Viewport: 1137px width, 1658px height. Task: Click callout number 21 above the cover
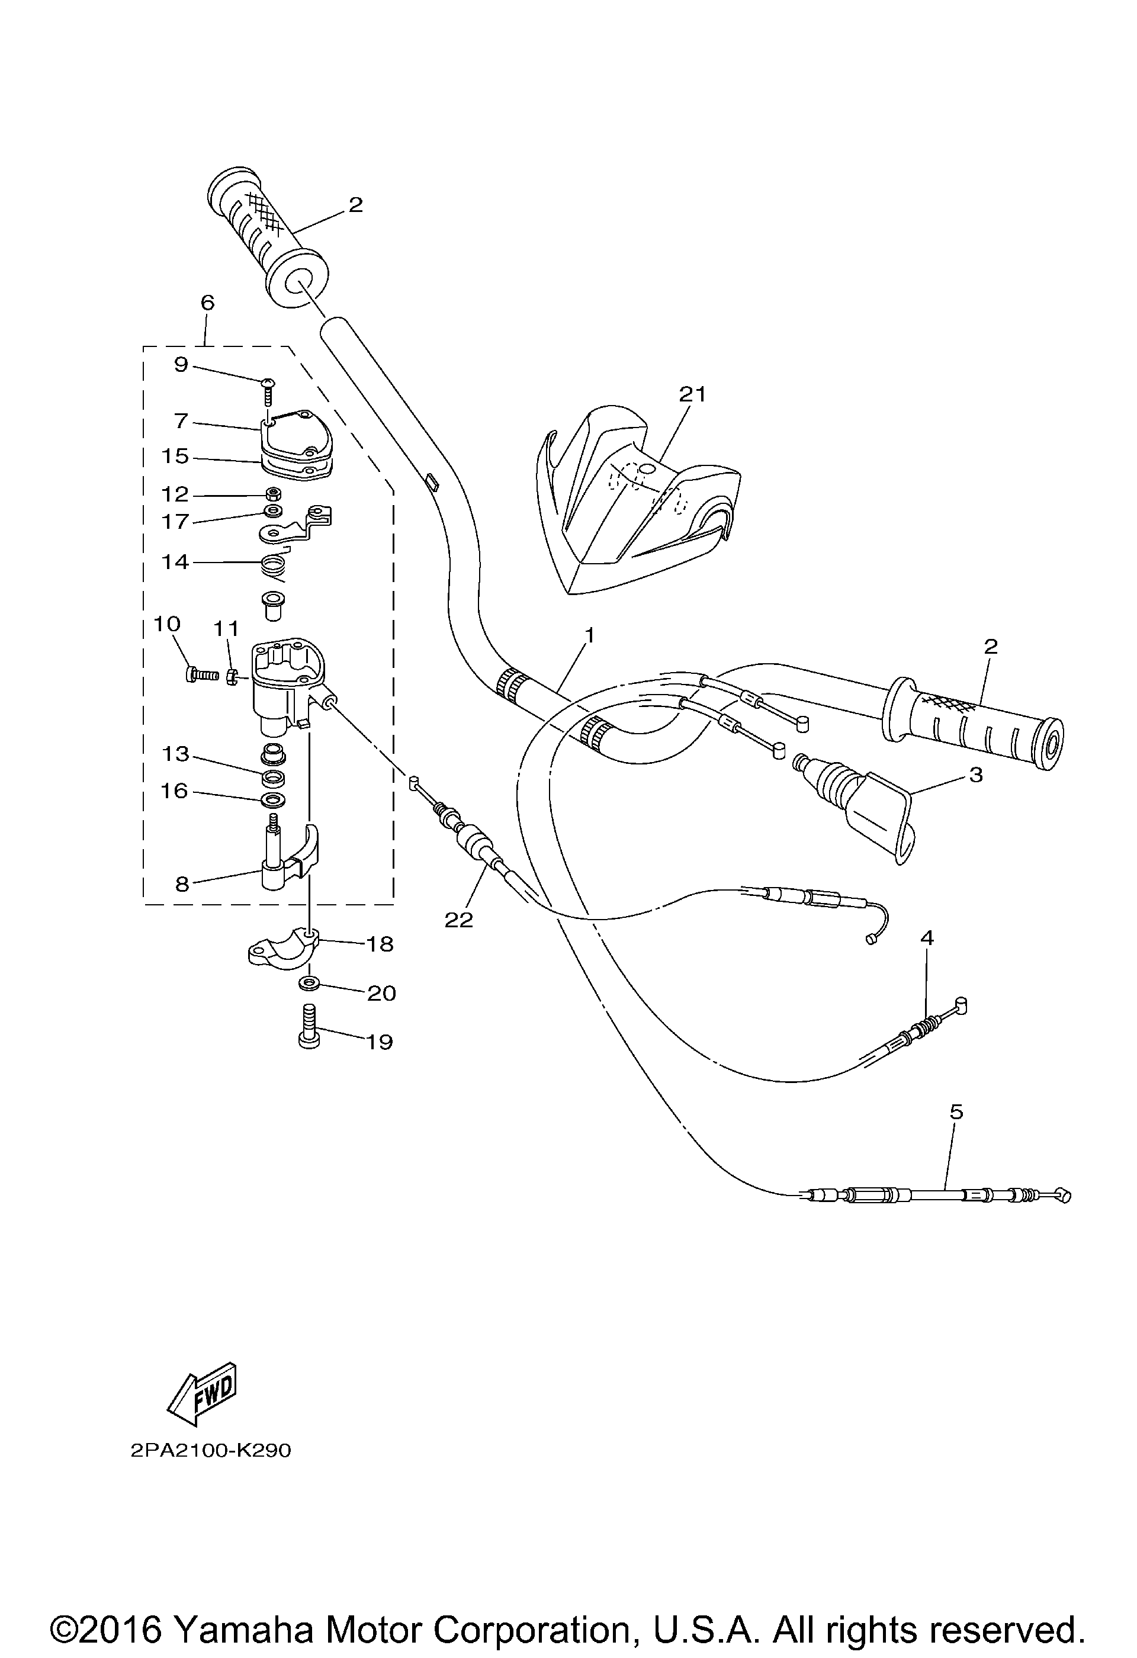(x=692, y=393)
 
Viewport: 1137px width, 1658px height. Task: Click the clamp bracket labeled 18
(x=282, y=948)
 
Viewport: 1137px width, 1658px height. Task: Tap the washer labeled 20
(x=309, y=985)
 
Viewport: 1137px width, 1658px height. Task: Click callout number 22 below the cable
(x=459, y=920)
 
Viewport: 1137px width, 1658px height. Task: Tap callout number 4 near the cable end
(x=927, y=937)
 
